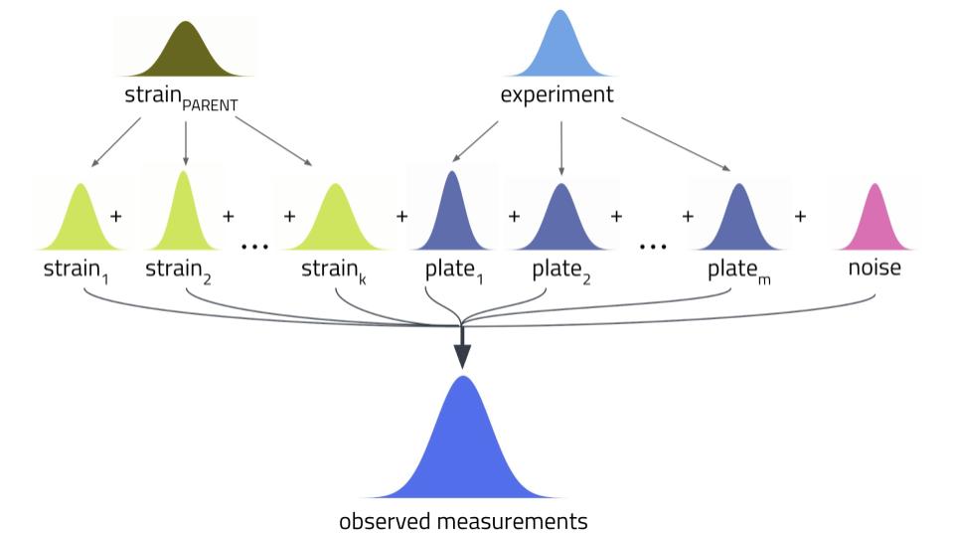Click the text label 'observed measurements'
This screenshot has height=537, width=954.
[x=462, y=521]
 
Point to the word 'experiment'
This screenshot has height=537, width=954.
[x=556, y=95]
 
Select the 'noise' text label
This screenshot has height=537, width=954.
[x=874, y=268]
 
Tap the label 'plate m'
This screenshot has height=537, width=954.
[x=738, y=270]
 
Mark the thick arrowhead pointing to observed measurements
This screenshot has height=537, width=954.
[x=462, y=356]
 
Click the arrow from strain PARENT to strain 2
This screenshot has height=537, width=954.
[x=186, y=142]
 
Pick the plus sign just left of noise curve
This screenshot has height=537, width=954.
[x=800, y=216]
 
